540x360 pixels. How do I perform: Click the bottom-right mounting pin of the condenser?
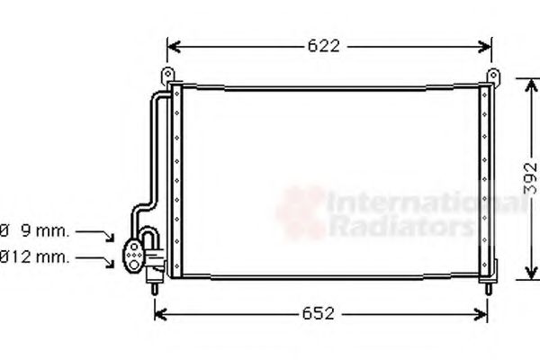tap(486, 287)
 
